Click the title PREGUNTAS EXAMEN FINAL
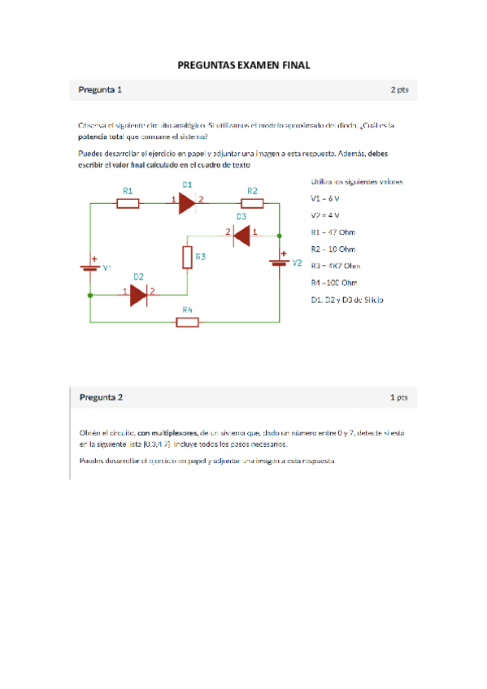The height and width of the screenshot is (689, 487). (x=244, y=65)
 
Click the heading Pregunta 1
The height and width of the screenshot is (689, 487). (x=100, y=89)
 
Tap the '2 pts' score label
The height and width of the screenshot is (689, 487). (x=398, y=89)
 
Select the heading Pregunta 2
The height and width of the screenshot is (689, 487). (x=101, y=397)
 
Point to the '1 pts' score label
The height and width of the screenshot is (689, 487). (x=398, y=397)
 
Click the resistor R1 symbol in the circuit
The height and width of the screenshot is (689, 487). (x=128, y=203)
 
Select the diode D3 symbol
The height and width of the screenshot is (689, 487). (x=241, y=235)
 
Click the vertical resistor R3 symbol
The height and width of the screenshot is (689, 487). (x=188, y=258)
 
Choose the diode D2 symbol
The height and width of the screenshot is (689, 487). (x=138, y=295)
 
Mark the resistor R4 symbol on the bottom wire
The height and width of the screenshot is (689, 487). (x=188, y=322)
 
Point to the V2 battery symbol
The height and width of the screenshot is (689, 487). (x=280, y=262)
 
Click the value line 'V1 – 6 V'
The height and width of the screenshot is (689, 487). (x=326, y=198)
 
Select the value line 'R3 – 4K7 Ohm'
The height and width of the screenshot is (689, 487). (x=335, y=266)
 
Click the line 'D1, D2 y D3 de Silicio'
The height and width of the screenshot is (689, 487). (x=347, y=300)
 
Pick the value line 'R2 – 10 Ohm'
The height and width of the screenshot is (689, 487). (x=333, y=249)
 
